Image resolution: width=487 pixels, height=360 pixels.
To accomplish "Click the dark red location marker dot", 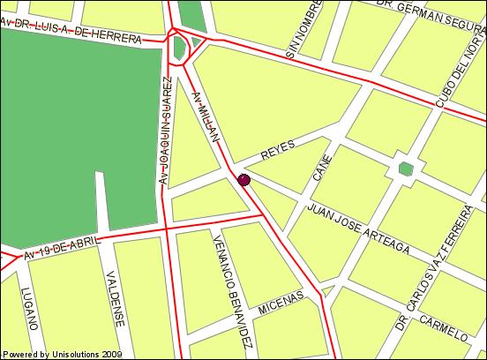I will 244,180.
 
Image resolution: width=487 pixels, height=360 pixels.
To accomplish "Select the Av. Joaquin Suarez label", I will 165,131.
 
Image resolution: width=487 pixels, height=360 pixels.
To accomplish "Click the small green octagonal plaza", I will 405,169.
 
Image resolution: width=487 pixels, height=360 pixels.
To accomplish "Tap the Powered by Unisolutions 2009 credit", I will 62,354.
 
